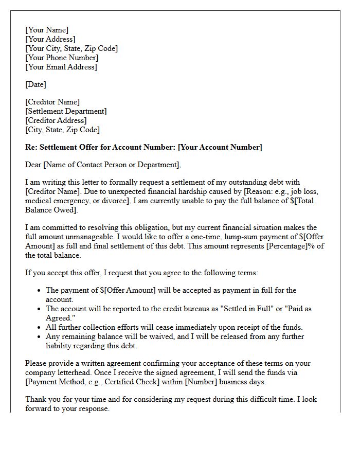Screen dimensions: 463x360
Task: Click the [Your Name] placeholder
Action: click(x=47, y=30)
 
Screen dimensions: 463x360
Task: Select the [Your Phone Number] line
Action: click(x=61, y=58)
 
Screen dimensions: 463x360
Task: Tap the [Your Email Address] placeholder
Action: click(x=61, y=67)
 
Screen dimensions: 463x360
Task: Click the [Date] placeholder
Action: click(x=35, y=84)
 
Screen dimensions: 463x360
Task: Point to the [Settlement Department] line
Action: click(x=66, y=111)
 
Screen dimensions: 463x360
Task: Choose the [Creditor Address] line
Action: click(x=56, y=120)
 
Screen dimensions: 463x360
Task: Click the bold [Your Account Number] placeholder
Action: click(x=220, y=148)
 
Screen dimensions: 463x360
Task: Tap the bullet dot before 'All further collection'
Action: click(x=40, y=328)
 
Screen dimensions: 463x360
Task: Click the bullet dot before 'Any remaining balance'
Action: click(x=40, y=337)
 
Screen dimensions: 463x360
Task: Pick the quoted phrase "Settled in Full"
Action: click(x=237, y=309)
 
